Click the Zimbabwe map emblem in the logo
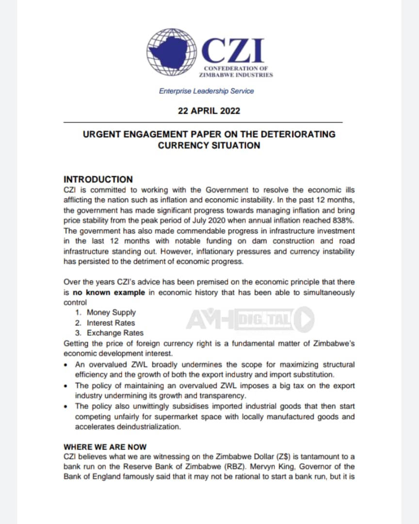coord(172,51)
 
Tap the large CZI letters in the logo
coord(233,50)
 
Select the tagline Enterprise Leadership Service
coord(206,91)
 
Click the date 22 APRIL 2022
coord(209,111)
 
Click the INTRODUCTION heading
coord(98,180)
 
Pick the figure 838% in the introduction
coord(344,220)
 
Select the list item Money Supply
coord(111,312)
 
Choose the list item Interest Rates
coord(111,323)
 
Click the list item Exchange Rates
coord(115,333)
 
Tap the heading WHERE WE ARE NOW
coord(105,447)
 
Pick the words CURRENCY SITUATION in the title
coord(209,145)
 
